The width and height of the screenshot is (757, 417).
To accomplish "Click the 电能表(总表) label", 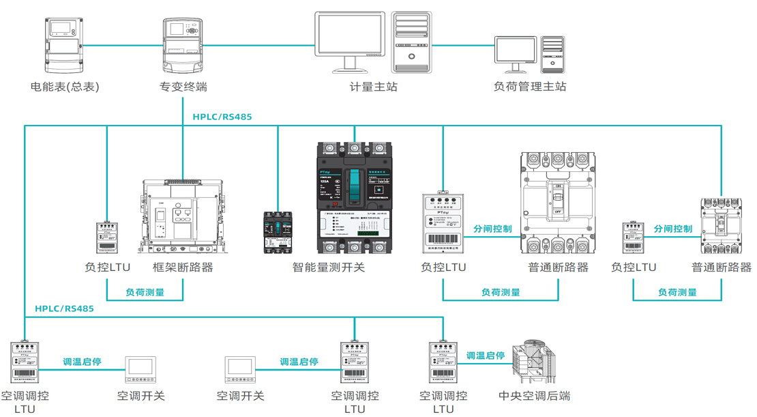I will tap(65, 87).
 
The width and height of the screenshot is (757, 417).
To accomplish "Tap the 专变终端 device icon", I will tap(183, 46).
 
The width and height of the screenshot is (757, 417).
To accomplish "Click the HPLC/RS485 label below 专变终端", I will tap(222, 117).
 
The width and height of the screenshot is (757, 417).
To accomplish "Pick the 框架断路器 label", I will tap(183, 268).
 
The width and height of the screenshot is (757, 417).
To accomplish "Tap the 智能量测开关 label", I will tap(329, 268).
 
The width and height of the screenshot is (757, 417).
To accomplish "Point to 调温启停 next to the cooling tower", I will tap(486, 356).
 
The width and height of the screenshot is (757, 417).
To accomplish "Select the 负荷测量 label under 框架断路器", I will tap(145, 293).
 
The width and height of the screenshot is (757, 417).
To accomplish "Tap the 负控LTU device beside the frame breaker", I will tap(106, 238).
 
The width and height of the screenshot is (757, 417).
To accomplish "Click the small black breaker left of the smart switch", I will tap(278, 232).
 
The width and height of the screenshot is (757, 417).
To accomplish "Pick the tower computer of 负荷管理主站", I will tap(553, 54).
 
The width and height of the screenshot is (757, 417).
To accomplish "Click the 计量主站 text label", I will tap(373, 87).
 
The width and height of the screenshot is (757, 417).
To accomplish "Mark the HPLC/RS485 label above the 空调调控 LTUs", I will tap(65, 308).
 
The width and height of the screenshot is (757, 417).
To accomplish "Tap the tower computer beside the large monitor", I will tap(412, 42).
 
